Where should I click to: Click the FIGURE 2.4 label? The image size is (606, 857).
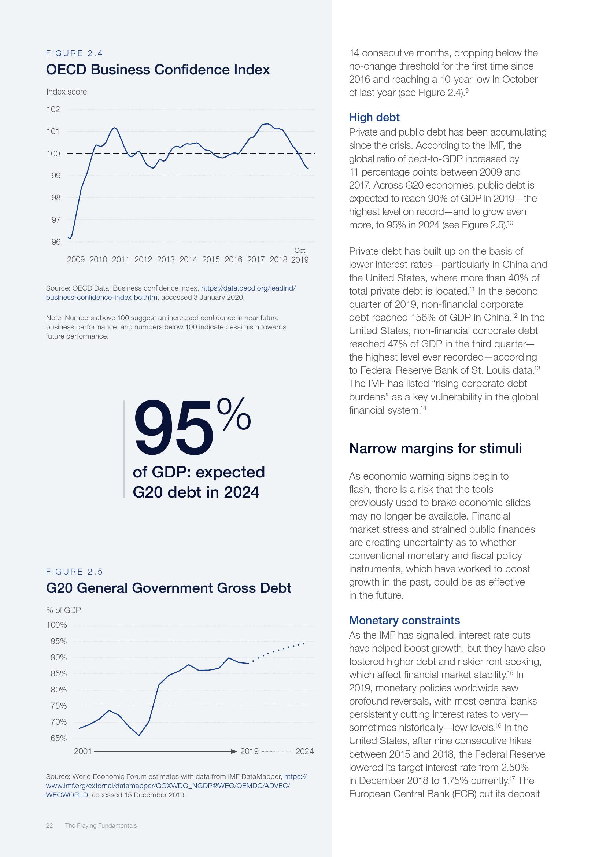74,53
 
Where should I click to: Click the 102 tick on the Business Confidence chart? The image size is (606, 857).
53,109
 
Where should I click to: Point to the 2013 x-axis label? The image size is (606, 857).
166,260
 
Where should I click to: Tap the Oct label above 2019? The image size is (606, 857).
300,251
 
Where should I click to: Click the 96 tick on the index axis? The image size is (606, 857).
56,242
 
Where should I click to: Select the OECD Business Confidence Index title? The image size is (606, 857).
158,70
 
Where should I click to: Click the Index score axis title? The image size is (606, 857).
66,92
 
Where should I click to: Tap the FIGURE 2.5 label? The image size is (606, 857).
74,572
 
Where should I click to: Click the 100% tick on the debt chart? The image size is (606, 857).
56,625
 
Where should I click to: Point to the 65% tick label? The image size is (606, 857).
59,738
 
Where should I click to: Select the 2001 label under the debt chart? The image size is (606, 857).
83,751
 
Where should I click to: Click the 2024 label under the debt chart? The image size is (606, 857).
304,751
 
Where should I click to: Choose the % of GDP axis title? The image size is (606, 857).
63,610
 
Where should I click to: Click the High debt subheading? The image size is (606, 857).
374,118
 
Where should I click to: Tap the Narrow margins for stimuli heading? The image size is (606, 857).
435,448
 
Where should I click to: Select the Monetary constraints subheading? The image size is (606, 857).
404,620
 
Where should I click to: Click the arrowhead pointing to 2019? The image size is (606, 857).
234,751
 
